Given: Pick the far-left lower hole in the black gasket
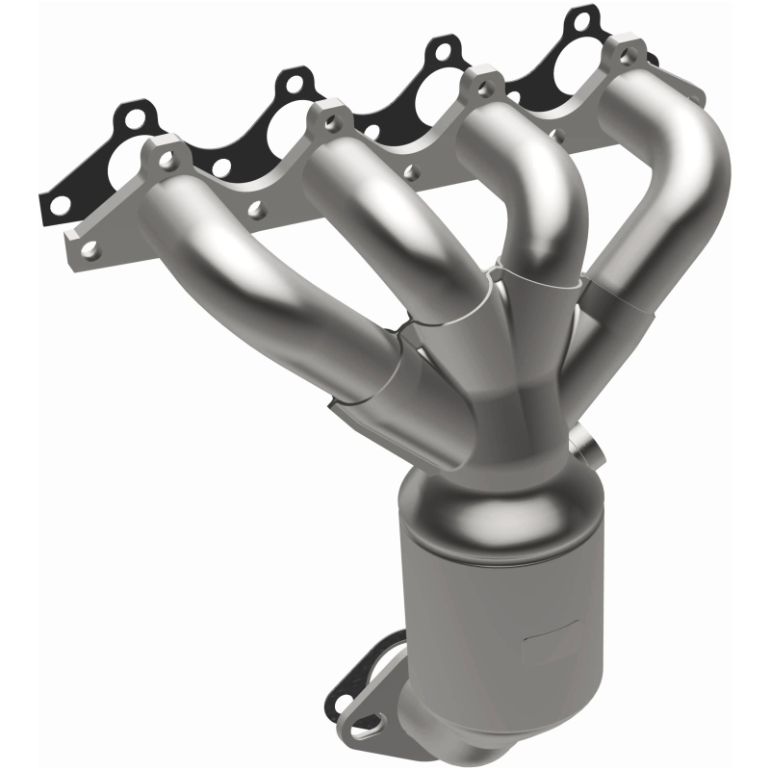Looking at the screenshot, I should pyautogui.click(x=59, y=203).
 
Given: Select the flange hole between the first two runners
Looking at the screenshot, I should pyautogui.click(x=256, y=206).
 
